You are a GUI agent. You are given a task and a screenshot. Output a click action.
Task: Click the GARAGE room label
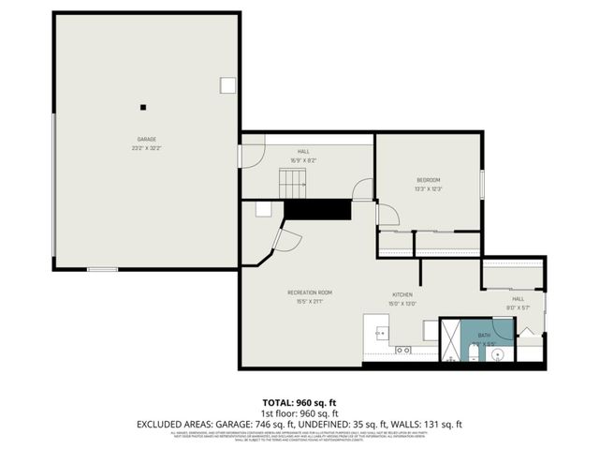click(x=146, y=139)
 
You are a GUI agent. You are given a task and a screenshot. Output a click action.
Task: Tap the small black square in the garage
click(x=143, y=106)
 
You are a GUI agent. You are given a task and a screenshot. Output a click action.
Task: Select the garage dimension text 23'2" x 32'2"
click(x=146, y=148)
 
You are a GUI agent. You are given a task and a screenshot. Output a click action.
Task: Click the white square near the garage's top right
click(x=227, y=85)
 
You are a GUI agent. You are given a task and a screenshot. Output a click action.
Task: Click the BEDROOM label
click(x=428, y=180)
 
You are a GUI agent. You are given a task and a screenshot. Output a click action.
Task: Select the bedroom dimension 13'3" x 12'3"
click(x=428, y=189)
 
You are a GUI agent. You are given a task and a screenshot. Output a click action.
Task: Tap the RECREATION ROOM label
click(x=309, y=292)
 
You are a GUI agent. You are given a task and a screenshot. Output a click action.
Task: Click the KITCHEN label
click(x=402, y=293)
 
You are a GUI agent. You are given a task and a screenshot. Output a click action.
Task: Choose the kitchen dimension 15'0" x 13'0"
click(x=402, y=303)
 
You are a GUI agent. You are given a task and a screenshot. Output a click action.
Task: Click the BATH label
click(x=484, y=334)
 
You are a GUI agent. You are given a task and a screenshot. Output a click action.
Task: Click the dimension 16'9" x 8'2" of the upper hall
click(x=303, y=160)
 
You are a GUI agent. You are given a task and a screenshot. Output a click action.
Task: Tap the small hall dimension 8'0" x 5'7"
click(x=518, y=307)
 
